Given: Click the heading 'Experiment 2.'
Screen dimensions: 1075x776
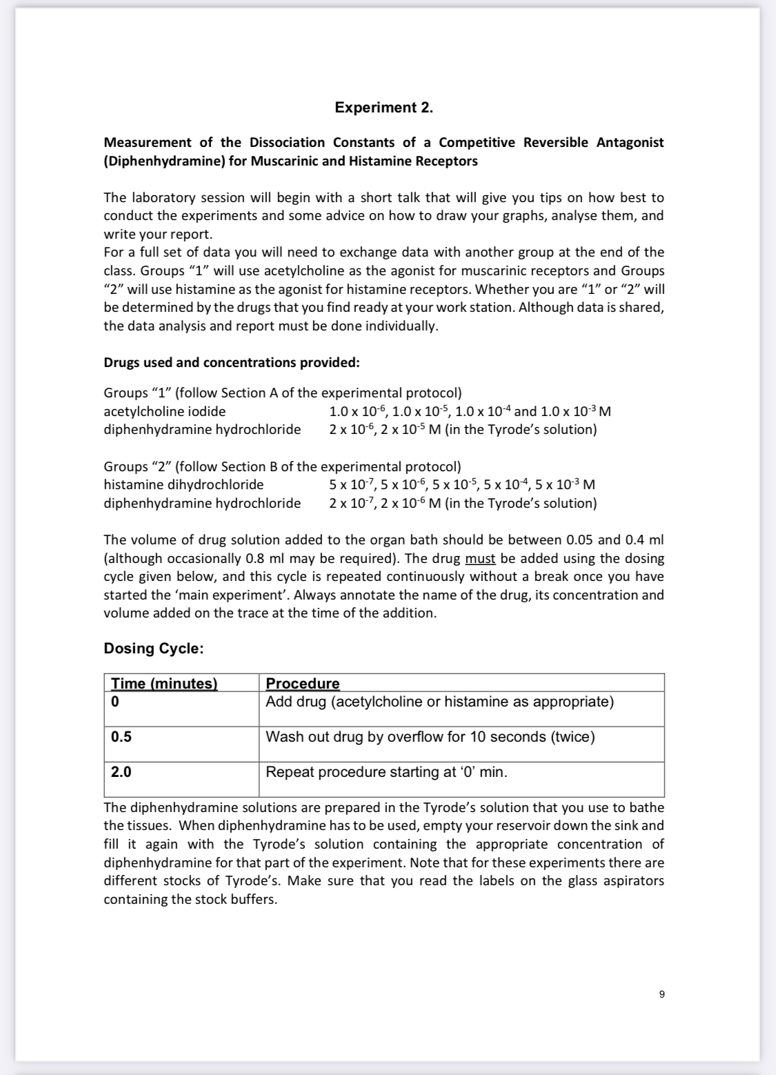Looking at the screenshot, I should [384, 108].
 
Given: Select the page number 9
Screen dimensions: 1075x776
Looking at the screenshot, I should [661, 994].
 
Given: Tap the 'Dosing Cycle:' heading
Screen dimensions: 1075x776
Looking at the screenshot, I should [153, 649].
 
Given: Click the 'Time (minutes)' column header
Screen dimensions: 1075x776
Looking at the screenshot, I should [164, 683].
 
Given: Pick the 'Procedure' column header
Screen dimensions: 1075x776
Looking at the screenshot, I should [303, 683].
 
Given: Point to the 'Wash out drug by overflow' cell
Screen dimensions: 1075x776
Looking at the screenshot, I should [430, 737].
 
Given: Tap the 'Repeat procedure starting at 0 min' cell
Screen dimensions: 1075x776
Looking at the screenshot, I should [386, 772].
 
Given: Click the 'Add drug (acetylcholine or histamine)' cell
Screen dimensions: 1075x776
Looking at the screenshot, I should [439, 702].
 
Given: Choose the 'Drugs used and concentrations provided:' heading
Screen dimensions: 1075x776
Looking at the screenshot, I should [231, 362].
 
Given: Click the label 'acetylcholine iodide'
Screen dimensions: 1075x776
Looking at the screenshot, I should [164, 411].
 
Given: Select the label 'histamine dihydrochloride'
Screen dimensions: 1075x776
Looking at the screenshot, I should [183, 484].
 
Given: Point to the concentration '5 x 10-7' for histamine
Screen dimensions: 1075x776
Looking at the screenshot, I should [351, 484].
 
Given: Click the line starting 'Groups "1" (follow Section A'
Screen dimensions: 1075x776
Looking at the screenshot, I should [282, 393].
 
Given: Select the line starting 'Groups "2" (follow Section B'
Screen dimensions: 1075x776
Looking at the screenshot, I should [282, 466].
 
